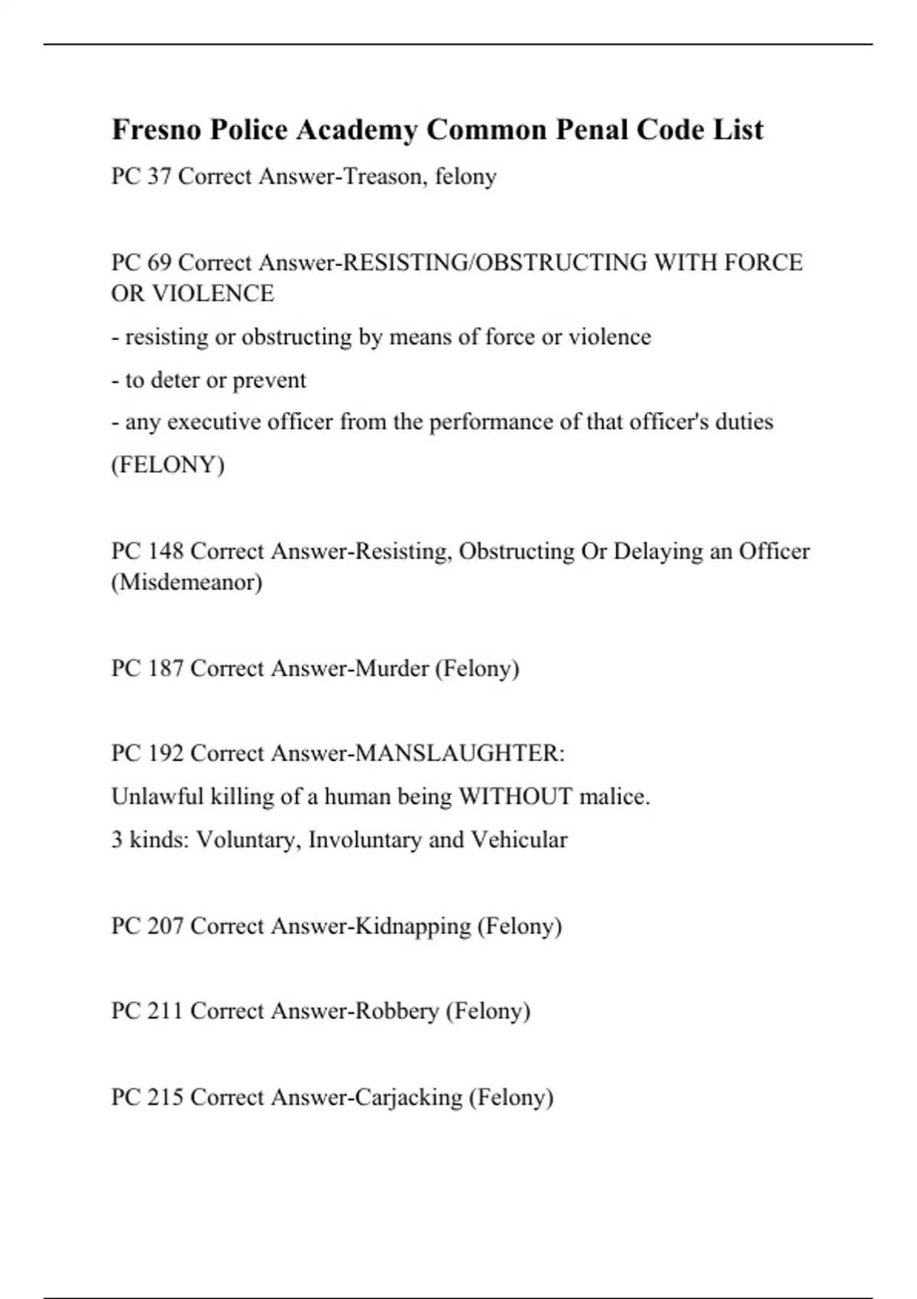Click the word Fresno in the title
click(x=157, y=130)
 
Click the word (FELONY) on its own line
click(x=168, y=465)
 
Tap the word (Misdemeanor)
click(x=187, y=582)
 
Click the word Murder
click(x=392, y=669)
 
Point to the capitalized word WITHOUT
click(x=515, y=797)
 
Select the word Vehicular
click(x=519, y=840)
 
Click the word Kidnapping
click(x=413, y=926)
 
